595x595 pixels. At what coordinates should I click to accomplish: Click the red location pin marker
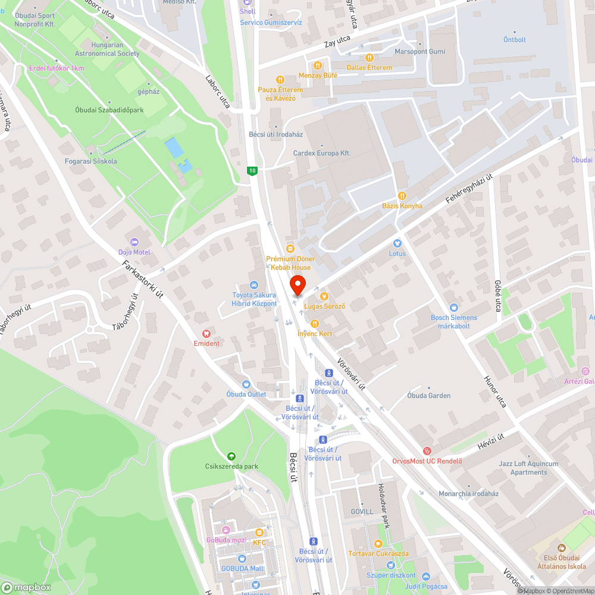pyautogui.click(x=297, y=285)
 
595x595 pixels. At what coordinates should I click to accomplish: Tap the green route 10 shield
pyautogui.click(x=253, y=171)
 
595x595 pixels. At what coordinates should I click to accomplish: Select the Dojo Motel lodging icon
pyautogui.click(x=134, y=243)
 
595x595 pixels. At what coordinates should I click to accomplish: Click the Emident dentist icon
pyautogui.click(x=206, y=334)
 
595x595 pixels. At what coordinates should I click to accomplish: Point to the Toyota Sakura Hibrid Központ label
pyautogui.click(x=254, y=299)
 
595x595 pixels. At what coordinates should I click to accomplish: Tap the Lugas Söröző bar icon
pyautogui.click(x=324, y=296)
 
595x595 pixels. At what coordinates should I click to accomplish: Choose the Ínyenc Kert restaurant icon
pyautogui.click(x=314, y=323)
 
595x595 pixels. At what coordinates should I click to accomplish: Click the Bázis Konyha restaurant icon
pyautogui.click(x=402, y=196)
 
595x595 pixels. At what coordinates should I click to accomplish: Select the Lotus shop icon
pyautogui.click(x=397, y=243)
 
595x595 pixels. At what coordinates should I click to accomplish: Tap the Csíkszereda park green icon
pyautogui.click(x=231, y=456)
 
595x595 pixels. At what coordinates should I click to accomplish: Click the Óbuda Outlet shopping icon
pyautogui.click(x=246, y=384)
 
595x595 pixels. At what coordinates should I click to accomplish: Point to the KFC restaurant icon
pyautogui.click(x=259, y=533)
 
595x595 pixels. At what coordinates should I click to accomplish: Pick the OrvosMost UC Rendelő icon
pyautogui.click(x=427, y=452)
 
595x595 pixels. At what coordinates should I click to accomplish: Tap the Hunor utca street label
pyautogui.click(x=495, y=391)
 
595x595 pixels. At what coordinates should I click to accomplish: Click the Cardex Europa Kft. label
pyautogui.click(x=322, y=153)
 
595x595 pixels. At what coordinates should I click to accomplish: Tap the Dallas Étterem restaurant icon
pyautogui.click(x=369, y=58)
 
